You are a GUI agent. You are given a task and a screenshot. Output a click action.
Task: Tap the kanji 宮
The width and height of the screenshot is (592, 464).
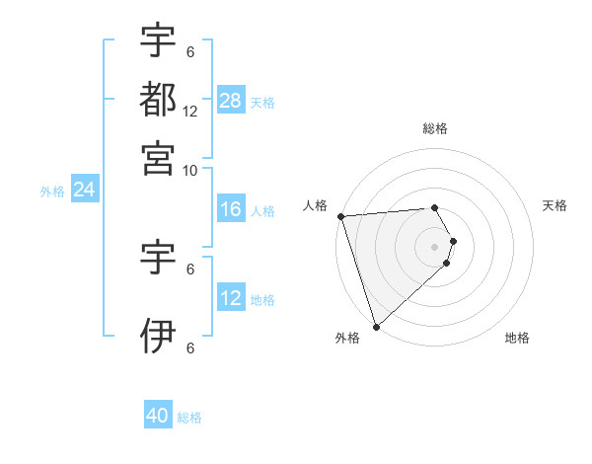158,158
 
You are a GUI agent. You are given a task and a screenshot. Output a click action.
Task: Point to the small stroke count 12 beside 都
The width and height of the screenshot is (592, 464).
190,112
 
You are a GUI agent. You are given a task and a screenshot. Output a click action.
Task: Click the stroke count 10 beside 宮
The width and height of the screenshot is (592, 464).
190,170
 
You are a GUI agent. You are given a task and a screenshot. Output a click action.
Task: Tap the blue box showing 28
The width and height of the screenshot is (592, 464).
231,100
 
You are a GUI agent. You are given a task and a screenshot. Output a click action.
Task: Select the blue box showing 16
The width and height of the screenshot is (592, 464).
231,209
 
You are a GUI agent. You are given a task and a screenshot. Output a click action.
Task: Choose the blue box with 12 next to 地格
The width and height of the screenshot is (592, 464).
231,298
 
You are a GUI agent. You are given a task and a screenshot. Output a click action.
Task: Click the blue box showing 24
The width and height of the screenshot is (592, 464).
84,190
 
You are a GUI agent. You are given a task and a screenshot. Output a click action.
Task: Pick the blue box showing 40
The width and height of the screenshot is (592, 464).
158,417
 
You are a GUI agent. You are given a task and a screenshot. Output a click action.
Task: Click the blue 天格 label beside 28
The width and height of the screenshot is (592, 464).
262,102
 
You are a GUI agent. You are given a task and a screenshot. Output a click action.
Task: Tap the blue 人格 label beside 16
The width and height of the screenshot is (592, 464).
262,211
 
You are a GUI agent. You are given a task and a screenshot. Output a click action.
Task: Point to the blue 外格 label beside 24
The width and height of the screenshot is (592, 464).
52,192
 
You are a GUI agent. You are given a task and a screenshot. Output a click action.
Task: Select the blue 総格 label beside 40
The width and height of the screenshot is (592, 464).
189,418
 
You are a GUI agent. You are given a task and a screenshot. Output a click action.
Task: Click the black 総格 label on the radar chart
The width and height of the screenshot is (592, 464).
435,128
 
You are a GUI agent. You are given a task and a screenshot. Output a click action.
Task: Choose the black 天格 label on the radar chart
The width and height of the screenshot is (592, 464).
555,205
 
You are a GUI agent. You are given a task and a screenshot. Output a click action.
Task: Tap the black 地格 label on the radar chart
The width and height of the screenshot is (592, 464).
517,339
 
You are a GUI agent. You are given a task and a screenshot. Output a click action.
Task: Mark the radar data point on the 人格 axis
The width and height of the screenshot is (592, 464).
340,216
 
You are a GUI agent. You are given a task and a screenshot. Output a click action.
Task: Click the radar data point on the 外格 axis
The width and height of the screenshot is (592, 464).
376,326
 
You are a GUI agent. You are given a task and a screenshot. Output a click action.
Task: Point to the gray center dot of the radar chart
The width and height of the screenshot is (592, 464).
435,246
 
